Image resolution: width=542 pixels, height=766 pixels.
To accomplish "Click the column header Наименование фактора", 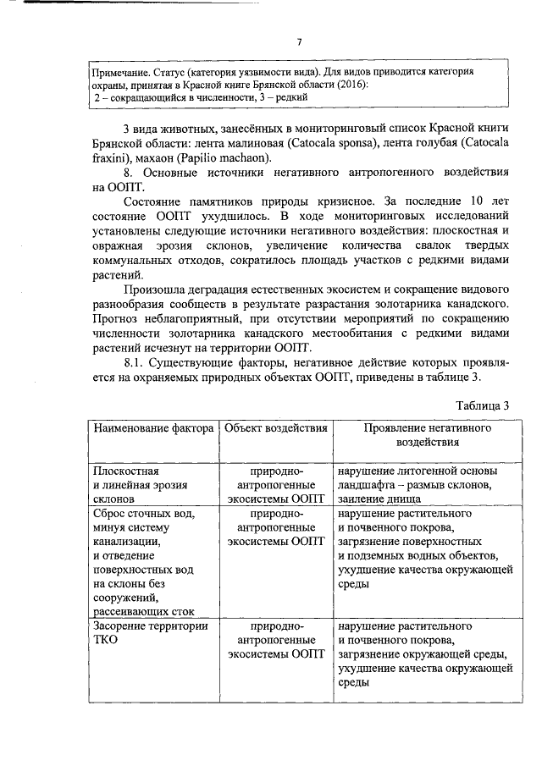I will (152, 428).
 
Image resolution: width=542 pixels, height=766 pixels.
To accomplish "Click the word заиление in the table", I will (363, 499).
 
